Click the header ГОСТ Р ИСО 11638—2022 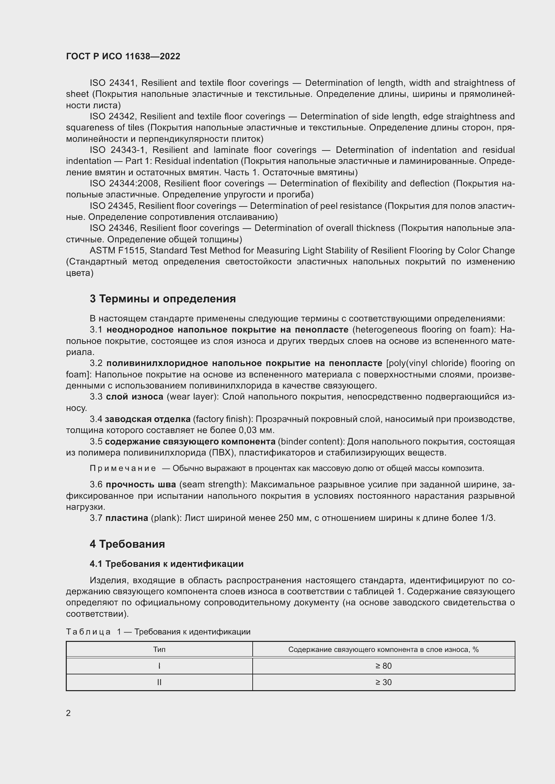[123, 56]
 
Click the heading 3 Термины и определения [163, 299]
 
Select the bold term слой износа [134, 397]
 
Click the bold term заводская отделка [148, 419]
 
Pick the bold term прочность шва [141, 484]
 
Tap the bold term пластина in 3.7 [127, 518]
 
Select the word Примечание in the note [123, 468]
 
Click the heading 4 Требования [127, 544]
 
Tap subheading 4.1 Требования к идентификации [166, 564]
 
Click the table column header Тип [159, 650]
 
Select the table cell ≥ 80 [384, 666]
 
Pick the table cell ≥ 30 [384, 682]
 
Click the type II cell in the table [159, 682]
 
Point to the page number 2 [68, 713]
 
